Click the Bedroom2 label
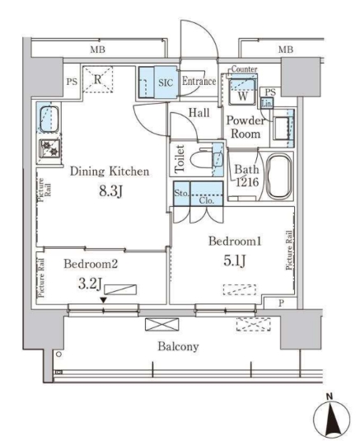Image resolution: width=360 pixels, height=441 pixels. pos(91,265)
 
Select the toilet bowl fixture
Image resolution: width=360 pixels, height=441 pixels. pos(202,157)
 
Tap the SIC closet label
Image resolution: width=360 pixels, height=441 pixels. pos(164,82)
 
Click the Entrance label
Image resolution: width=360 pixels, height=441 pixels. pos(199,81)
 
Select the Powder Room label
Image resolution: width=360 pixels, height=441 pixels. pos(245,126)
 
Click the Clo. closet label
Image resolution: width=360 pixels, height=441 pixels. pos(207,199)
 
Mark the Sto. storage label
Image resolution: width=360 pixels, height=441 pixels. pos(181,195)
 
